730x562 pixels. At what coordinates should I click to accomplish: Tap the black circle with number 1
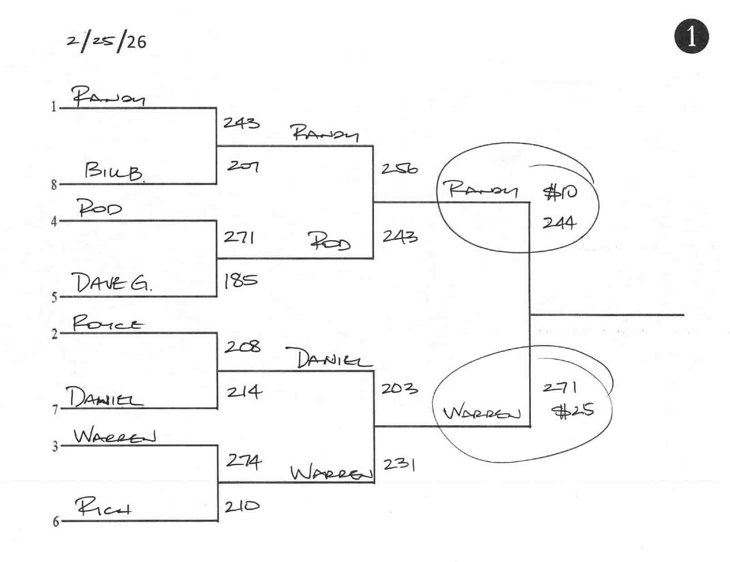point(691,36)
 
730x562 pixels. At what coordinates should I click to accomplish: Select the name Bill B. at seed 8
point(114,172)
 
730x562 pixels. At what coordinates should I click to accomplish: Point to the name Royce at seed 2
point(108,324)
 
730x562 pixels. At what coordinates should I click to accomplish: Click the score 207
point(243,166)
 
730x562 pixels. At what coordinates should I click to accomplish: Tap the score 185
point(240,281)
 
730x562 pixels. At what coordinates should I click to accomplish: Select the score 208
point(242,347)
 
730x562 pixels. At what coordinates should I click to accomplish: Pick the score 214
point(244,391)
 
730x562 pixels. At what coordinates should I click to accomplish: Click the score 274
point(244,462)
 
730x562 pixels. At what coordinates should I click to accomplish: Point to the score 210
point(242,506)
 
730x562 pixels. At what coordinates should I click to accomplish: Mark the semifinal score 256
point(399,169)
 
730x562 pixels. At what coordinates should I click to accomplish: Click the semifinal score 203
point(399,389)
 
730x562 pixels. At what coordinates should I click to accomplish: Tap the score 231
point(399,464)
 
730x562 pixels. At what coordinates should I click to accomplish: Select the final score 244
point(559,223)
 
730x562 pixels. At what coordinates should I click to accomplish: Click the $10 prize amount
point(560,192)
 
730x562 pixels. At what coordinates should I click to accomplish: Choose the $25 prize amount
point(572,411)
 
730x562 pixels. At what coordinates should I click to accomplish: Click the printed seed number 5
point(54,297)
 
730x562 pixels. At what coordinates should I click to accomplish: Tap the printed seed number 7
point(55,410)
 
